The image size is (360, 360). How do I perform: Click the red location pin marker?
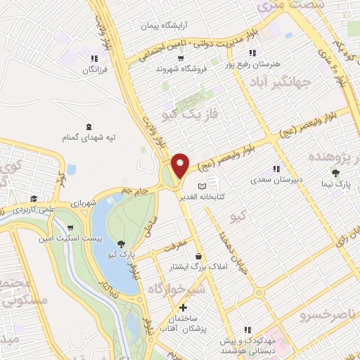point(181,165)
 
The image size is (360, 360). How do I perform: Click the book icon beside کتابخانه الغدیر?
point(202,186)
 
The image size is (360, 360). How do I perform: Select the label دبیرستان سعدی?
point(276,180)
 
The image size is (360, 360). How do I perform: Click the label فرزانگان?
point(94,70)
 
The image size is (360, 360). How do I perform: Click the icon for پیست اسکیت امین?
point(71,228)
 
